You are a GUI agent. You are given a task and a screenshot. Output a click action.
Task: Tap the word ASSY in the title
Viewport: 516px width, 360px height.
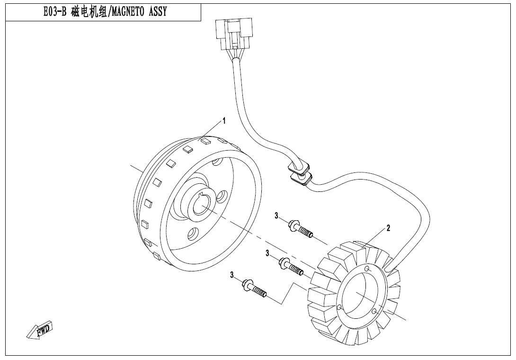(158, 12)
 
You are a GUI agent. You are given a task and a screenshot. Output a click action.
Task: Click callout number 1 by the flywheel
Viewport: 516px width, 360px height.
(224, 121)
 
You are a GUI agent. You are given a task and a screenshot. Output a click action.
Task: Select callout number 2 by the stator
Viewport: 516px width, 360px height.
(388, 228)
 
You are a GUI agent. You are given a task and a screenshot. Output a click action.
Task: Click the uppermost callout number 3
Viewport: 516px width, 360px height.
(276, 216)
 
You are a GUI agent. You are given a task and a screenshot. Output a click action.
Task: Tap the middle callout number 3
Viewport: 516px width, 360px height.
(267, 253)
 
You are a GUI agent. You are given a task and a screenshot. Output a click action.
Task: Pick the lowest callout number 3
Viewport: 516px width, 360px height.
(232, 275)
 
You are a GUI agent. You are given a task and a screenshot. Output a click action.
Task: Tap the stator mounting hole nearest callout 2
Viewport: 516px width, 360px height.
(367, 269)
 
